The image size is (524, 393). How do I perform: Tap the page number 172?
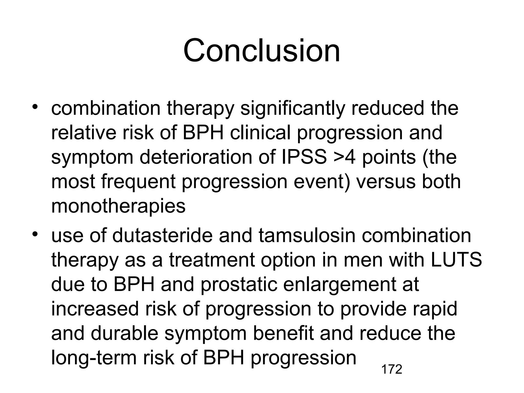[391, 369]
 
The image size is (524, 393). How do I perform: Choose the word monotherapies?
[118, 206]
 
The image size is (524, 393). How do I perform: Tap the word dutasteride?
[162, 235]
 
